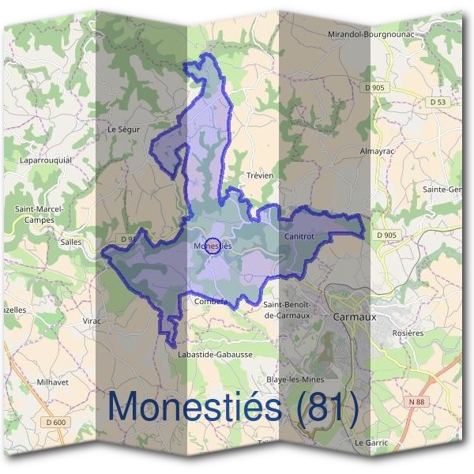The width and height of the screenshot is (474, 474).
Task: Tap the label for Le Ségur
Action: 122,128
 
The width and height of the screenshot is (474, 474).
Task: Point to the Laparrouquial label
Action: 45,160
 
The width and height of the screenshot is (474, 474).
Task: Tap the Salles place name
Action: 70,243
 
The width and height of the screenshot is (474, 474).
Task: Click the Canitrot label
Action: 298,237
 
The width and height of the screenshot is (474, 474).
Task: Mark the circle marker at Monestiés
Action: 213,246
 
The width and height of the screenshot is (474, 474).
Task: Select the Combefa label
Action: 211,301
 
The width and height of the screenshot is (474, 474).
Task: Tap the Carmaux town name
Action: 356,316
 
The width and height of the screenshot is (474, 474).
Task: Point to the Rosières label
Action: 408,333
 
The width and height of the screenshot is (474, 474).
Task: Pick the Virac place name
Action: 92,321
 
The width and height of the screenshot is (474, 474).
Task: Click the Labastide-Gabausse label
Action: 215,355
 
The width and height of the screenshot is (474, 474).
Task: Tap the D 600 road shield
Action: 56,423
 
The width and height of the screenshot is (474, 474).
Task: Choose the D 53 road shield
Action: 438,102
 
